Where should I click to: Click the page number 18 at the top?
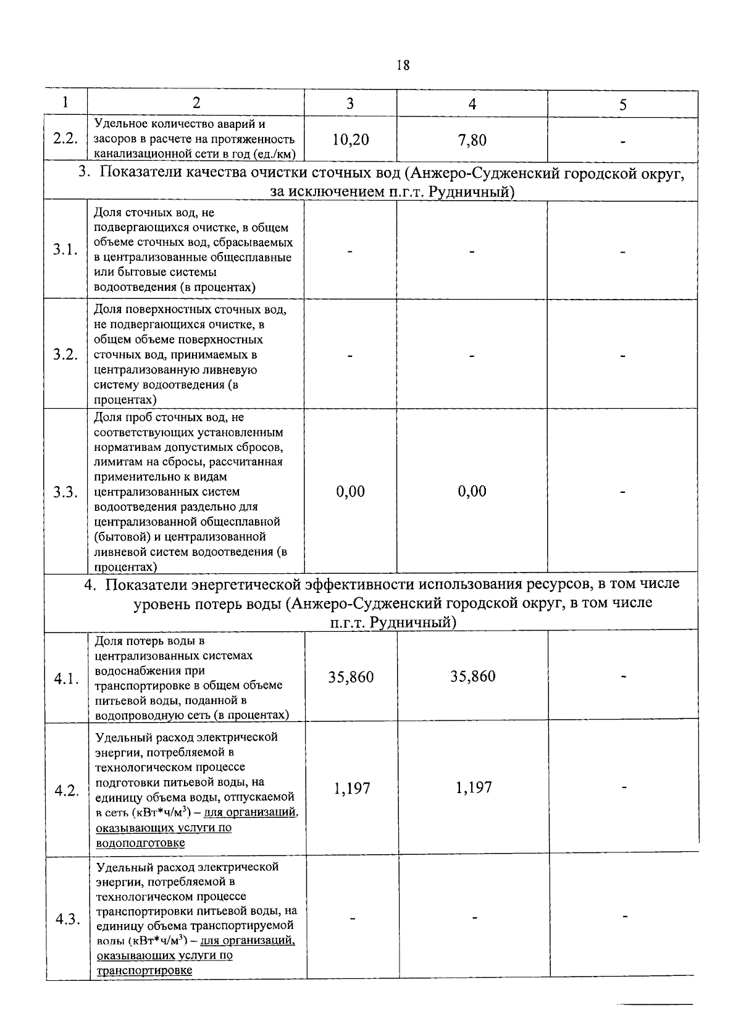point(403,65)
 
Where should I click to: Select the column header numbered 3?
point(350,104)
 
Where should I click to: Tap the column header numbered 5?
point(622,105)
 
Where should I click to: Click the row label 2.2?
point(65,138)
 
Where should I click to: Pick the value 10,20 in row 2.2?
point(350,140)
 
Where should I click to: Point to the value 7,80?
point(472,140)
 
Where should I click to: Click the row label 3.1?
point(65,250)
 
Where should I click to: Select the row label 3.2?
point(65,355)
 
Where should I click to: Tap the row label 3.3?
point(65,492)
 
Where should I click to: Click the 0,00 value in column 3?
point(350,492)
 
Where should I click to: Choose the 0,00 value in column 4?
point(472,492)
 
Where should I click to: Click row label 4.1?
point(66,679)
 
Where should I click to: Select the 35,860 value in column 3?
point(351,677)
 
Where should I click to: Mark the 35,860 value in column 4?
point(473,676)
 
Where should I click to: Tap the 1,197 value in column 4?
point(474,787)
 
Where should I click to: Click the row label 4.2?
point(67,791)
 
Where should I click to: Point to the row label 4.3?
point(67,920)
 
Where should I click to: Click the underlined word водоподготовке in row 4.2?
point(140,842)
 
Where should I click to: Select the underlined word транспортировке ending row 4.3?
point(144,970)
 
